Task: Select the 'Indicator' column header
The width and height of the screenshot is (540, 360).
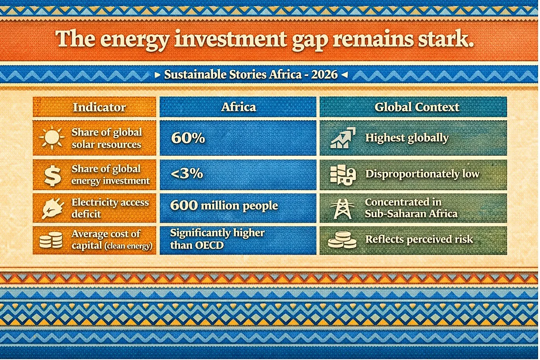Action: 99,107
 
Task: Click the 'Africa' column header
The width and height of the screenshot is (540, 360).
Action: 238,107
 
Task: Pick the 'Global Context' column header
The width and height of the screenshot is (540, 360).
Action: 417,107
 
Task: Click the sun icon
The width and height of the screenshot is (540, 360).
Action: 52,137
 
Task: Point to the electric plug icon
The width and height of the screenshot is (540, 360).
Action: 53,209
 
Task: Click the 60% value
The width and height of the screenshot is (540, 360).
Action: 188,138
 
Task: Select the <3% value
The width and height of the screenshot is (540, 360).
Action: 187,173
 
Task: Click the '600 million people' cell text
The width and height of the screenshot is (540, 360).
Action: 224,206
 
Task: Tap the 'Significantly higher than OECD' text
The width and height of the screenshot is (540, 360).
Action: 217,239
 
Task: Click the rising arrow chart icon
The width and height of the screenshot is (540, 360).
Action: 343,137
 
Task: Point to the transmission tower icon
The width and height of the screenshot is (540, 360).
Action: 342,209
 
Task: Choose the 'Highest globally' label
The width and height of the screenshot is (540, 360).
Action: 407,138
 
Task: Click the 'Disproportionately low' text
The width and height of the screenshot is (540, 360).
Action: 422,174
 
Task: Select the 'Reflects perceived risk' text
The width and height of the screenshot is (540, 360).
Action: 419,239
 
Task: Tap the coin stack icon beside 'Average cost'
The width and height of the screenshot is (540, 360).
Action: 51,240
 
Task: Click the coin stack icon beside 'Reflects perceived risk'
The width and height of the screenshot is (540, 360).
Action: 342,240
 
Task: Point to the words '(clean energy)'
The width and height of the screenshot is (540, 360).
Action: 128,246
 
